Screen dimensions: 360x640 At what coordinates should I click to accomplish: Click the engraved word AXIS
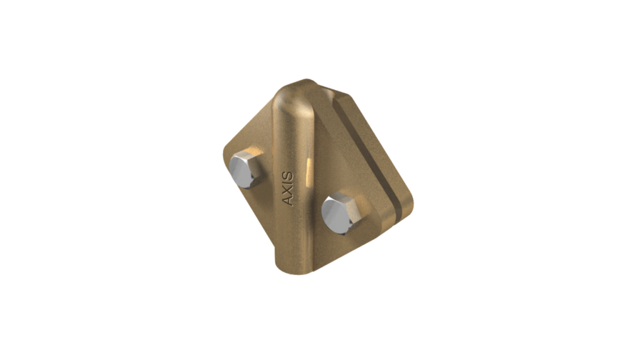(287, 188)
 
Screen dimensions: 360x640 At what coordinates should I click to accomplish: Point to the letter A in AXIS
(287, 201)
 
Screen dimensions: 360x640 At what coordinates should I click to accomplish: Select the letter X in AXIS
(287, 192)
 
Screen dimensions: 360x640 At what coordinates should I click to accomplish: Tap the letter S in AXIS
(287, 177)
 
